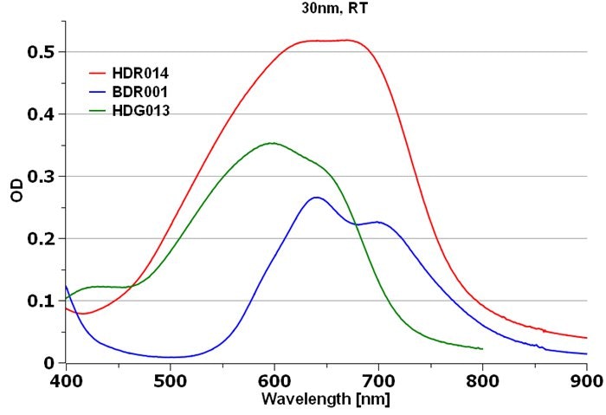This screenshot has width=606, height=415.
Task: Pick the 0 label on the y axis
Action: [49, 363]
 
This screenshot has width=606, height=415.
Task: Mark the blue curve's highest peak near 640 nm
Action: [316, 198]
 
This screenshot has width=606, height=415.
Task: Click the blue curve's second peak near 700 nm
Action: [378, 222]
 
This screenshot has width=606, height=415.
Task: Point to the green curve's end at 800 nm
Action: [482, 348]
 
